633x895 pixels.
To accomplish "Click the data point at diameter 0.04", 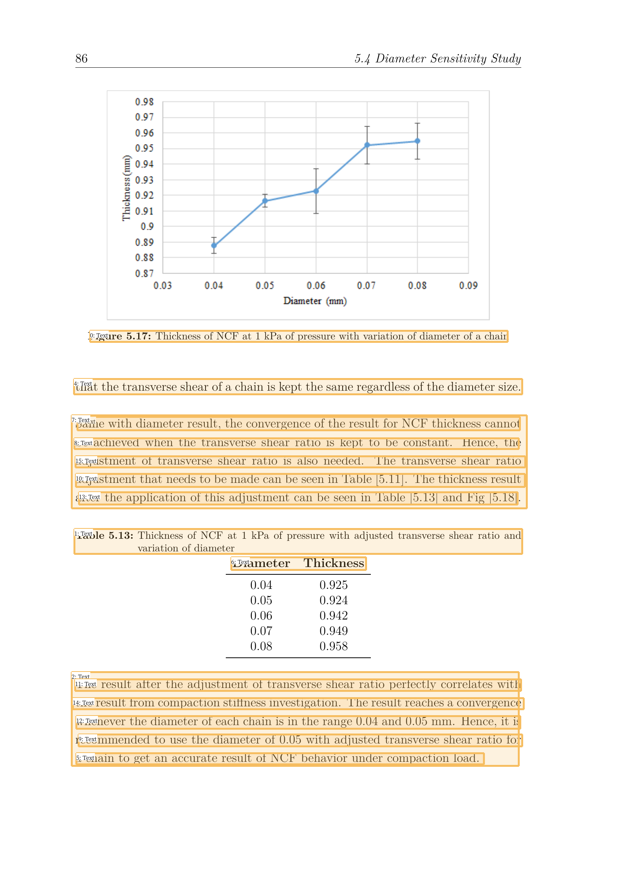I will tap(214, 246).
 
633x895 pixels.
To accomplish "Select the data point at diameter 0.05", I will tap(265, 201).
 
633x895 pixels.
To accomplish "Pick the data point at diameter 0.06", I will tap(316, 191).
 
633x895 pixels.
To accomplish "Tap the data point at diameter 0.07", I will tap(367, 145).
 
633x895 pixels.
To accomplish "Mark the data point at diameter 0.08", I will tap(418, 141).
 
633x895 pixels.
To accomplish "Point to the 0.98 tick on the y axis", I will tap(144, 102).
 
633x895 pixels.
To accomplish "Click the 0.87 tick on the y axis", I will tap(144, 273).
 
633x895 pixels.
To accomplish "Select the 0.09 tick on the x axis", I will tap(468, 286).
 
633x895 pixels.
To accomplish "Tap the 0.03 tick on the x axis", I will tap(163, 286).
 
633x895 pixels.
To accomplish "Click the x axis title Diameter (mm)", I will tap(315, 301).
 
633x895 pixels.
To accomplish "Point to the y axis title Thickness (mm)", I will tap(126, 188).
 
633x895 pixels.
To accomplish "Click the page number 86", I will tap(82, 59).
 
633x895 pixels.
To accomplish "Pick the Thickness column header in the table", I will tap(334, 563).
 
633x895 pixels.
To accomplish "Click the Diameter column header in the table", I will tap(261, 563).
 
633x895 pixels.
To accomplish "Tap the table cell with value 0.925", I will tap(334, 585).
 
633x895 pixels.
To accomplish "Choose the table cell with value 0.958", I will tap(334, 646).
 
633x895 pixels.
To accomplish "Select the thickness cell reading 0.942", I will tap(334, 616).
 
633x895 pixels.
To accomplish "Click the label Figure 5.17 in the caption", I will tap(121, 336).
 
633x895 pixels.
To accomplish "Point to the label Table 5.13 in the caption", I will tap(104, 536).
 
